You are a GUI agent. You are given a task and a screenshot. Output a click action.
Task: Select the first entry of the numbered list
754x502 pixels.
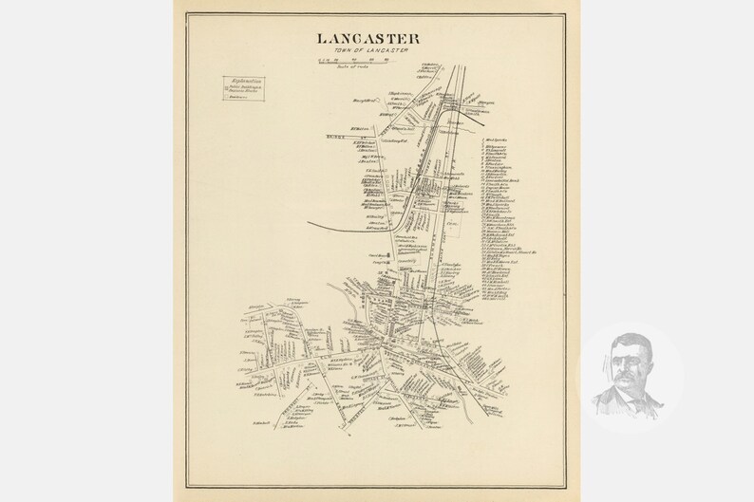tap(497, 138)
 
